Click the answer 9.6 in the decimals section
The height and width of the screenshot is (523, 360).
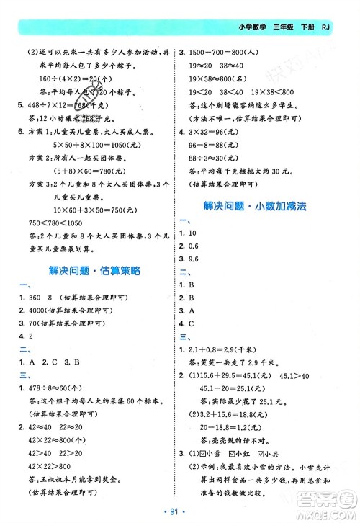click(193, 259)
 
